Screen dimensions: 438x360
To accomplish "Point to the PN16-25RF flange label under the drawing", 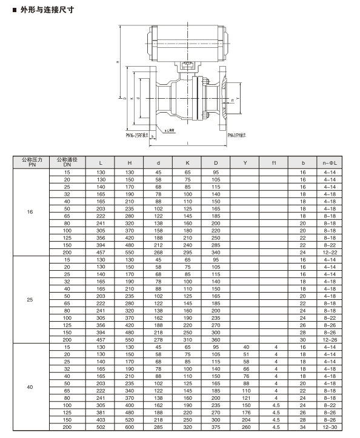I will click(x=137, y=136).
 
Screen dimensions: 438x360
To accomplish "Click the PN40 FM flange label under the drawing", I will click(x=237, y=136).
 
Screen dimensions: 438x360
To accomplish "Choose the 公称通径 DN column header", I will click(x=67, y=162).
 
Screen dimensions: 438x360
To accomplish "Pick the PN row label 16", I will click(x=30, y=213).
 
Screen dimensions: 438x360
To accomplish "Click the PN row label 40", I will click(x=30, y=387).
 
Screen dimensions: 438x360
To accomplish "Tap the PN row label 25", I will click(x=30, y=299).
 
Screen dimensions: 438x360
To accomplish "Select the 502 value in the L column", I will click(x=101, y=427).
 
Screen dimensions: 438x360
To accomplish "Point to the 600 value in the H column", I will click(x=129, y=427).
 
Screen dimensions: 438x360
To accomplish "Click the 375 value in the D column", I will click(x=216, y=427).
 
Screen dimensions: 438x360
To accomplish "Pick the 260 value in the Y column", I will click(x=245, y=427).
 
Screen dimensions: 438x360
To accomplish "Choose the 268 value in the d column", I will click(x=158, y=252).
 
